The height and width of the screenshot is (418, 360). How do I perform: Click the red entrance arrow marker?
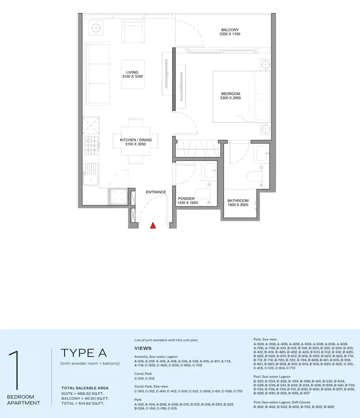(153, 226)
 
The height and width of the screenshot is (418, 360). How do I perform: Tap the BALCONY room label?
(230, 30)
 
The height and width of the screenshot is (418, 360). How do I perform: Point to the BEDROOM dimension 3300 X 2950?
(230, 98)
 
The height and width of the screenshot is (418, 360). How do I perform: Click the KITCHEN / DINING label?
(133, 139)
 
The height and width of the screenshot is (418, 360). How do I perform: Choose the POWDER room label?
(186, 198)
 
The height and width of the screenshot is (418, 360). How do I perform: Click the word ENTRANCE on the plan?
(156, 192)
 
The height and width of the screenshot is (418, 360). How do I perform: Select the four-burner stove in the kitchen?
(91, 145)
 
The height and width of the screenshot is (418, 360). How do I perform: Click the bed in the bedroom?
(241, 96)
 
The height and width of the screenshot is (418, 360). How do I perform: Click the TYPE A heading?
(84, 353)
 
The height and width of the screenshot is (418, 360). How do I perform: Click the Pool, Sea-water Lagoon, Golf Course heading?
(282, 402)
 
